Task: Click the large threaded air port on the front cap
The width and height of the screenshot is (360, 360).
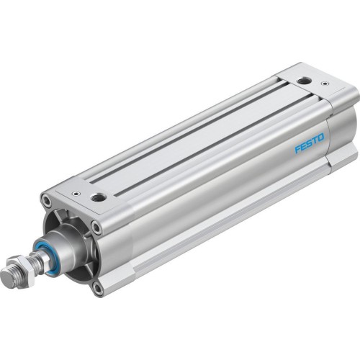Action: click(98, 196)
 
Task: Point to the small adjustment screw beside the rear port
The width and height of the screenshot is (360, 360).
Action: click(324, 84)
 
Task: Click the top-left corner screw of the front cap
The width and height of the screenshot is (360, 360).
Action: click(46, 202)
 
